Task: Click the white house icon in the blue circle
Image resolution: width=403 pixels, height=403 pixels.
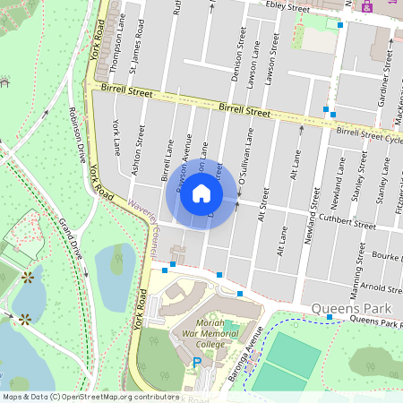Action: [201, 193]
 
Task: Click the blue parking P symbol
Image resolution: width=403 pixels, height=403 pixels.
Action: [197, 363]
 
